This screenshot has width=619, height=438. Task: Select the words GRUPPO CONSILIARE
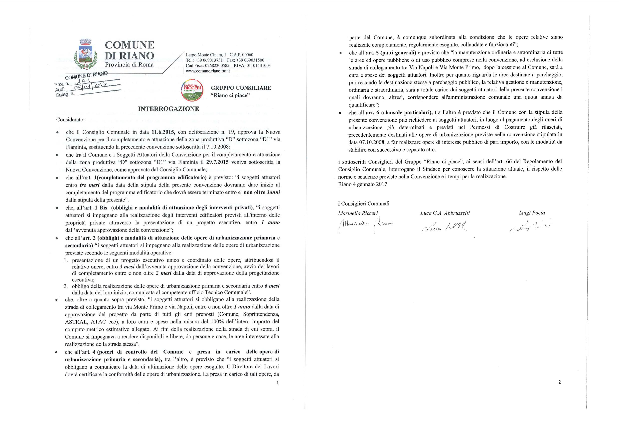[x=241, y=88]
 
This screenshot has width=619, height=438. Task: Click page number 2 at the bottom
[x=560, y=382]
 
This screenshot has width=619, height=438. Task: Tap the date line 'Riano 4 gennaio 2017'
[x=362, y=184]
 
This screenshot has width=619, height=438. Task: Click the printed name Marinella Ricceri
[x=358, y=213]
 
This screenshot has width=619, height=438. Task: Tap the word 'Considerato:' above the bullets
[x=70, y=119]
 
